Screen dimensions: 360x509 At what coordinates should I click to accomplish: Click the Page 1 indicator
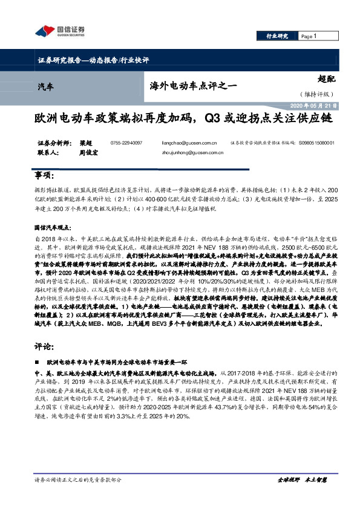309,37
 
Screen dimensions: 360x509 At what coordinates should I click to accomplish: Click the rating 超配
325,77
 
